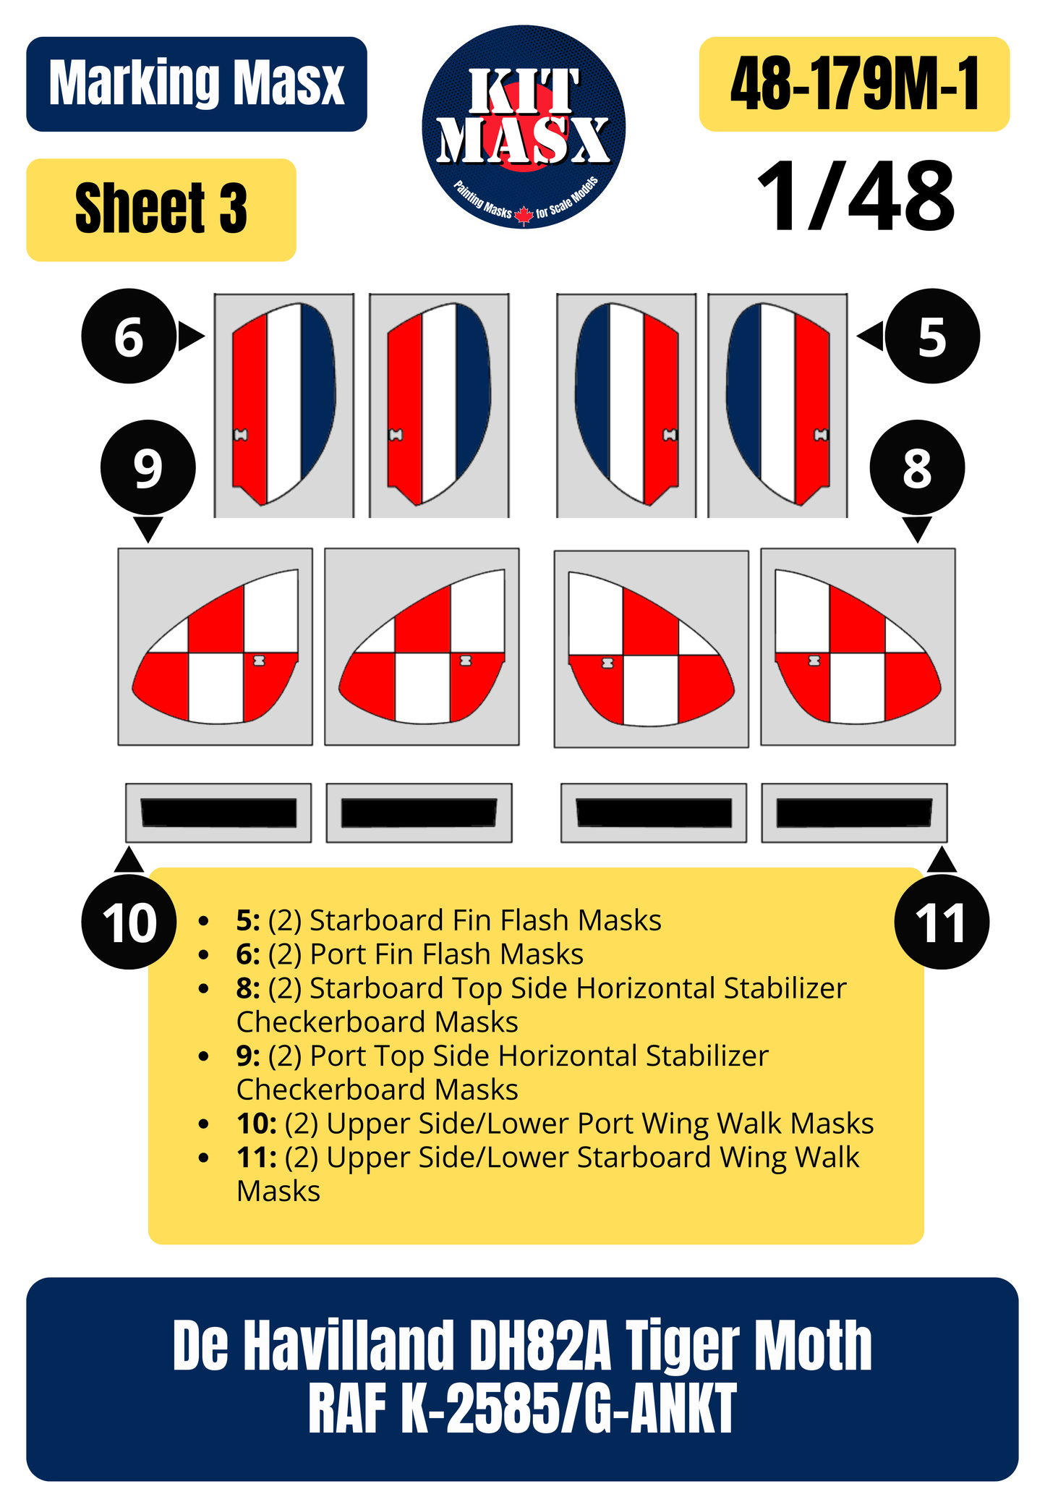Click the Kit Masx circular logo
(524, 127)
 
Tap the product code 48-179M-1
(854, 84)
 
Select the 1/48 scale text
(856, 196)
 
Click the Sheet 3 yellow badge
(161, 210)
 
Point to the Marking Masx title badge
(197, 84)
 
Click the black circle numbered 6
(129, 336)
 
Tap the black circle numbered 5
(932, 336)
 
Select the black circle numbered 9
(148, 468)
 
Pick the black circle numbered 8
(917, 468)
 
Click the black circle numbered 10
(129, 923)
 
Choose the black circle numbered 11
(942, 923)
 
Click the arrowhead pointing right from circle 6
(191, 336)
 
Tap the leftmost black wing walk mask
(218, 813)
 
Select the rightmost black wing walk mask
(854, 813)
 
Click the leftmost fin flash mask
(283, 404)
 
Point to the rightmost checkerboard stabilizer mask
(858, 647)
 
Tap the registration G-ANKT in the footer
(660, 1408)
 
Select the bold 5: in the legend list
(248, 920)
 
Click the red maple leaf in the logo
(524, 215)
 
